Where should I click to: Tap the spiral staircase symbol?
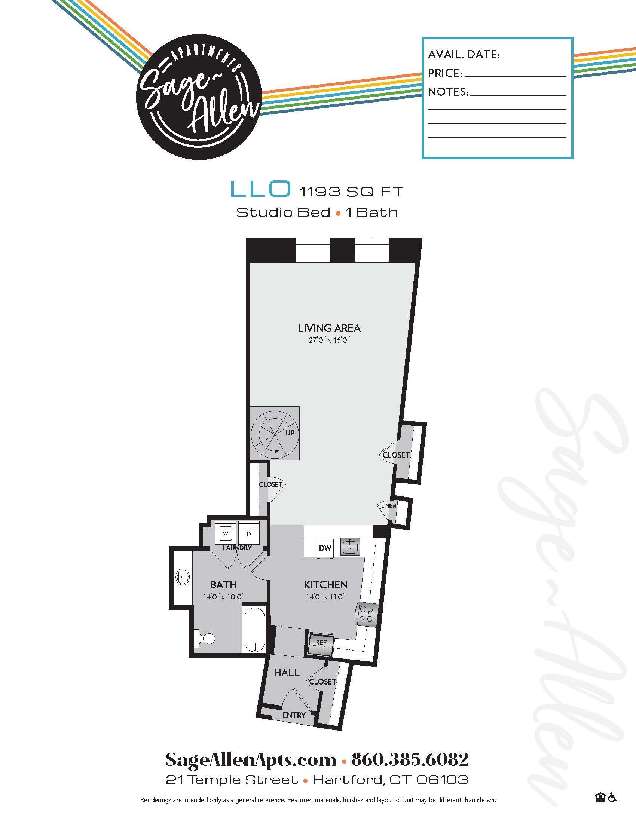[275, 433]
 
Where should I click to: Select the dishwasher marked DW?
[325, 548]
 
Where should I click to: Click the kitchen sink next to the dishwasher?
[350, 547]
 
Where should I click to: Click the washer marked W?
[226, 534]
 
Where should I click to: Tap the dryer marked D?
[249, 534]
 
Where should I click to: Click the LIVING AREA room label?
[329, 328]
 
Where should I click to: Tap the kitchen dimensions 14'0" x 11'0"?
[325, 597]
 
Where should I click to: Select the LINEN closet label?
[388, 505]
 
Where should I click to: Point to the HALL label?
[286, 673]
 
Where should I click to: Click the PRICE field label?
[445, 73]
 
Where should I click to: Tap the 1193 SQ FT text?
[351, 192]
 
